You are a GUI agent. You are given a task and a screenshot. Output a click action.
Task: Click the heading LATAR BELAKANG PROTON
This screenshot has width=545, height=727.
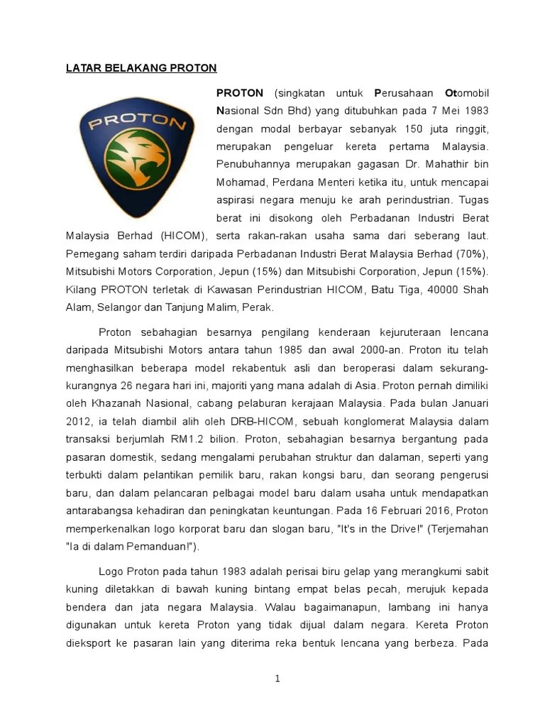[x=141, y=68]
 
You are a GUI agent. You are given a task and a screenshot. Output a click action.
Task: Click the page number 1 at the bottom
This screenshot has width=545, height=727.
[x=277, y=679]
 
